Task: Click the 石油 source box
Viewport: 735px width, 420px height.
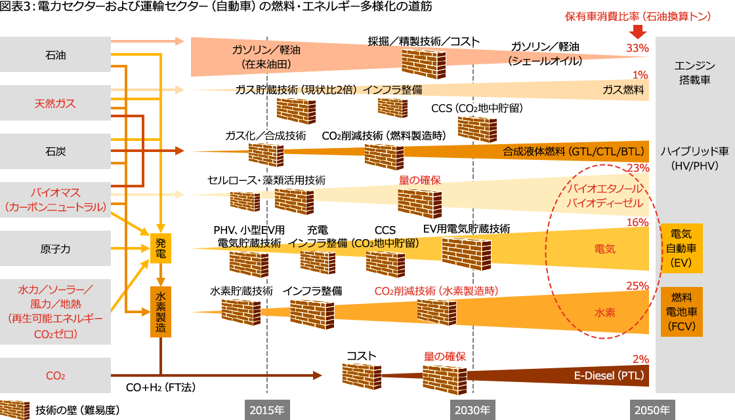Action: tap(56, 55)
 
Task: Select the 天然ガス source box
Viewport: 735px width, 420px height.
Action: tap(56, 104)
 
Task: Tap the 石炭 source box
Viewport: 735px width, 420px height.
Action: tap(56, 151)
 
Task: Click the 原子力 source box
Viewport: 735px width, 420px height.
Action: tap(56, 248)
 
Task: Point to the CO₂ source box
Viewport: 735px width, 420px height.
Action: tap(56, 376)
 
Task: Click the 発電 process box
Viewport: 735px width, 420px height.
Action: tap(161, 248)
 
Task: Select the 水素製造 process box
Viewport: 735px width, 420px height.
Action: tap(161, 312)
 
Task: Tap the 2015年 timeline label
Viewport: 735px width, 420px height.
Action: tap(266, 410)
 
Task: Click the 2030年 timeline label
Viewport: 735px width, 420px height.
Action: tap(470, 410)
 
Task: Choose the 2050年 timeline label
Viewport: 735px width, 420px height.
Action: tap(652, 410)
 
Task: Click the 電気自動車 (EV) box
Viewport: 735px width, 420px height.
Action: tap(682, 248)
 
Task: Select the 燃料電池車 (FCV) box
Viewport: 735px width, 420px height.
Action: tap(682, 312)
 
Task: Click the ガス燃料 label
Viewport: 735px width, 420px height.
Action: tap(623, 90)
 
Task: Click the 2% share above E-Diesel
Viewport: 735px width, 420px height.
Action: tap(640, 359)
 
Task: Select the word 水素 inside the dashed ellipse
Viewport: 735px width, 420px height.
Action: tap(605, 313)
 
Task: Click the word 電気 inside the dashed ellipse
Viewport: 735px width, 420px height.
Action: tap(605, 249)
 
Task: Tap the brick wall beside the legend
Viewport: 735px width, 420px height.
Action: tap(14, 409)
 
